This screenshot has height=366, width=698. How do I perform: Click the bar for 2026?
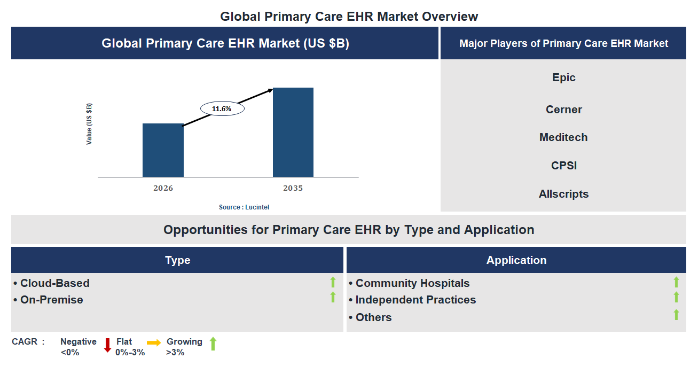point(163,150)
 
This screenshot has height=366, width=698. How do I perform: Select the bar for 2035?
point(293,132)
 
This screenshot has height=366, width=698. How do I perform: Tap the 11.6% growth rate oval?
point(222,108)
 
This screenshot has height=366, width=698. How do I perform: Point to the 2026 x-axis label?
point(163,188)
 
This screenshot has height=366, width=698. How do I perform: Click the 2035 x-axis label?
point(293,188)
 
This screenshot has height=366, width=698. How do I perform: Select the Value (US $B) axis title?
point(89,124)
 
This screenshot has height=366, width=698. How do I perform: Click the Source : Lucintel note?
point(240,207)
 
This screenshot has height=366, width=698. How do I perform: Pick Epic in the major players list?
point(563,77)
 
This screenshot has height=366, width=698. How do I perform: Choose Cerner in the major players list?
point(563,110)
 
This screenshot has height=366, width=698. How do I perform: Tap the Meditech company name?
point(563,137)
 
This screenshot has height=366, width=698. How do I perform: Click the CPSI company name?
point(563,166)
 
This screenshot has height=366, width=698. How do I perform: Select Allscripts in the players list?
point(563,194)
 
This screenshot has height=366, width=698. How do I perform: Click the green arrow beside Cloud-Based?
point(333,282)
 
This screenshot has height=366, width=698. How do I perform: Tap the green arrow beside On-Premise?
point(333,297)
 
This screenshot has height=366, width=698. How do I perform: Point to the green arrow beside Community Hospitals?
point(676,282)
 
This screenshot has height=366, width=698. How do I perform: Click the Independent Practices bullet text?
point(415,300)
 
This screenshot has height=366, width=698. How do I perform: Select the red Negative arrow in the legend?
point(107,345)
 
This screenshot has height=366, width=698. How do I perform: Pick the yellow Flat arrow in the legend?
point(154,342)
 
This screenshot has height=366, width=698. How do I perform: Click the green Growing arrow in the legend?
point(213,344)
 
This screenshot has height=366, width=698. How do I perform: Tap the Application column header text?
point(516,260)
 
